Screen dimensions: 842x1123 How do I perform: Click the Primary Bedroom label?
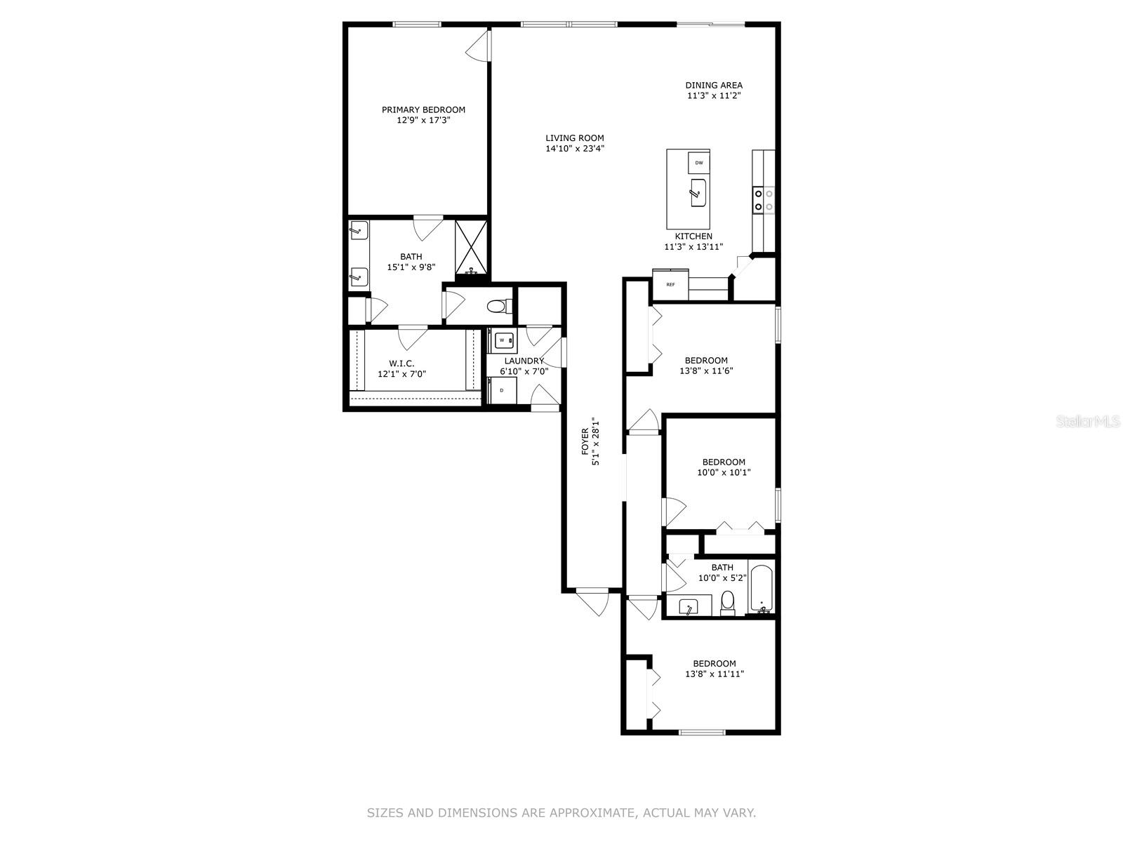[x=423, y=110]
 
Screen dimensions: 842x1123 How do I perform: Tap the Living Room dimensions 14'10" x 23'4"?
[x=575, y=149]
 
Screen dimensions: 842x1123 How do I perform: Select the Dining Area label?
[x=714, y=86]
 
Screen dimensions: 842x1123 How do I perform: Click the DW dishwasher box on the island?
[x=698, y=163]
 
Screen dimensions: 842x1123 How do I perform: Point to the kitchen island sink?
[x=698, y=193]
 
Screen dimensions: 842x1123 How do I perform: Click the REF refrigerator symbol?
[x=670, y=285]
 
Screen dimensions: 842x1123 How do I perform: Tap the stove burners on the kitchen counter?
[x=763, y=199]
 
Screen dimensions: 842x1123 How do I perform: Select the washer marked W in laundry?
[x=503, y=340]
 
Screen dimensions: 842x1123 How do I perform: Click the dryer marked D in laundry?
[x=503, y=390]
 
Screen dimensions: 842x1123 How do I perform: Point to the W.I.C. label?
[x=401, y=363]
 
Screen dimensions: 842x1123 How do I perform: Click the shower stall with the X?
[x=470, y=246]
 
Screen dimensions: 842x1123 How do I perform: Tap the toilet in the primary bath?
[x=498, y=306]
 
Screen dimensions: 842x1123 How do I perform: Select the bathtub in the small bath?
[x=762, y=590]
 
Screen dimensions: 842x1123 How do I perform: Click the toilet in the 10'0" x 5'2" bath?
[x=728, y=602]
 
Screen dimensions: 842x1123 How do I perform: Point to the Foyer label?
[x=585, y=442]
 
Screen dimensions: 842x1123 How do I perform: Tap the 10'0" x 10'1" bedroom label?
[x=724, y=462]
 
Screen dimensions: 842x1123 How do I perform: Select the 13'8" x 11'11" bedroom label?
[x=715, y=664]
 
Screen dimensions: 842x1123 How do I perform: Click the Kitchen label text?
[x=693, y=236]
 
